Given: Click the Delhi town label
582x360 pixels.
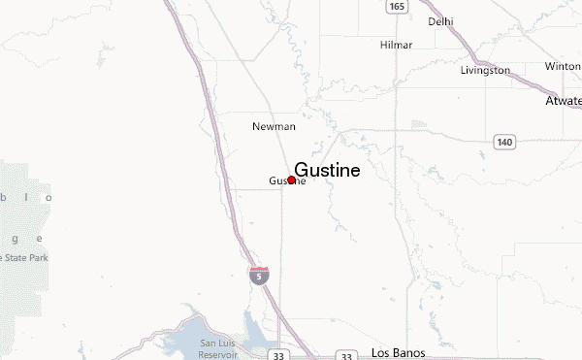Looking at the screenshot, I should [441, 20].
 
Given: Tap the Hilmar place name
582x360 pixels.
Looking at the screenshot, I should [396, 45].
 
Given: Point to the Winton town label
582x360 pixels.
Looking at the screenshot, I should [562, 67].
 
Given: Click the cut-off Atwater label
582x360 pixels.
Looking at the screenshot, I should [564, 100].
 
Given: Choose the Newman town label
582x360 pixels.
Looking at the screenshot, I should [274, 126].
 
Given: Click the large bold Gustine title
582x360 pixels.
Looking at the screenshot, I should [327, 170].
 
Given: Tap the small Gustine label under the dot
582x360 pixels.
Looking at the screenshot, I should [286, 181].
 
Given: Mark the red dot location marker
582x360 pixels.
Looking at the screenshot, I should [291, 180].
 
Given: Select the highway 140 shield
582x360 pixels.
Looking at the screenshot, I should [503, 143].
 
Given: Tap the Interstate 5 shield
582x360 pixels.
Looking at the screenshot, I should [259, 275].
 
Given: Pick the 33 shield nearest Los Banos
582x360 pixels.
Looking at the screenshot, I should [345, 356].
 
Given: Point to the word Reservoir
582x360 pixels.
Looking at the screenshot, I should [219, 353].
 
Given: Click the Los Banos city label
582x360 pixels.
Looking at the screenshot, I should [400, 352].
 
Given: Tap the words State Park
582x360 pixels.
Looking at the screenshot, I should [25, 257].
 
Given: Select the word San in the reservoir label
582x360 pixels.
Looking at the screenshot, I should [209, 343].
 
